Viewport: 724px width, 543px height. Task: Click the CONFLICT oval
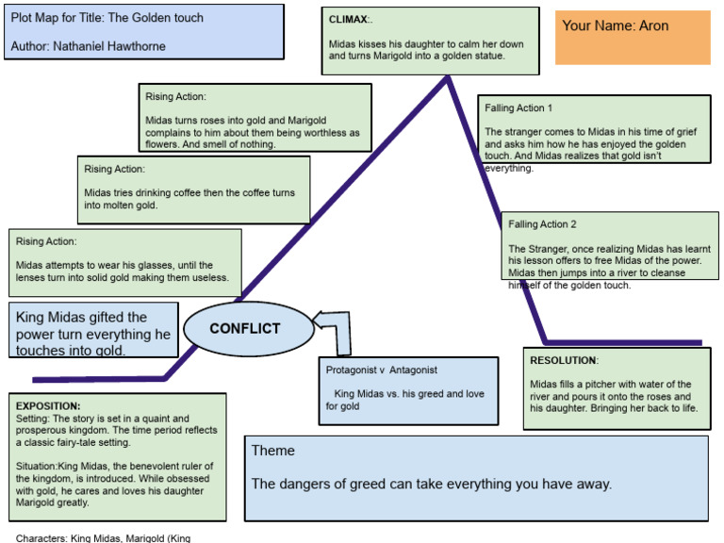coord(245,329)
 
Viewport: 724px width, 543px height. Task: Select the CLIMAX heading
coord(350,19)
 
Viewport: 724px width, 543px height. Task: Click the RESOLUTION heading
coord(563,360)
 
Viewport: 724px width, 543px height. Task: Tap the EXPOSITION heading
coord(48,405)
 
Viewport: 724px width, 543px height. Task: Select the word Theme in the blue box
coord(272,451)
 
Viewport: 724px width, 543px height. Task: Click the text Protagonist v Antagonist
coord(382,370)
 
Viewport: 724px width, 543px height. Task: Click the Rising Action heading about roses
coord(175,97)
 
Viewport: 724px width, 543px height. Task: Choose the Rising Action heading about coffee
coord(114,169)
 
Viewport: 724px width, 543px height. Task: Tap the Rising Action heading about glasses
coord(46,241)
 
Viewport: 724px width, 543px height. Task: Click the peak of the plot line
coord(448,78)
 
